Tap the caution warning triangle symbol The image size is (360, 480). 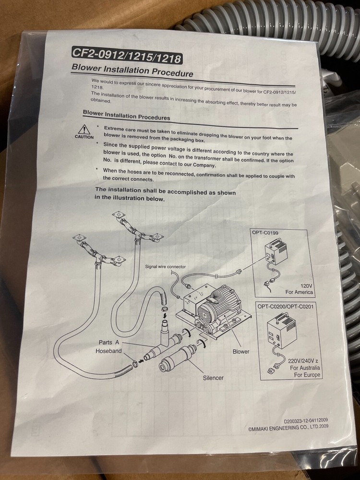pyautogui.click(x=84, y=129)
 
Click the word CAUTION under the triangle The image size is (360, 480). pyautogui.click(x=84, y=137)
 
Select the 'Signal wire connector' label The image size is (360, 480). pyautogui.click(x=165, y=266)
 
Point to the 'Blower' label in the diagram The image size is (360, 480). pyautogui.click(x=241, y=351)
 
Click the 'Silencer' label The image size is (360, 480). pyautogui.click(x=214, y=378)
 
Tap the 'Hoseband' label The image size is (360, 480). pyautogui.click(x=108, y=351)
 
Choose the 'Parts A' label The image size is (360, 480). pyautogui.click(x=109, y=342)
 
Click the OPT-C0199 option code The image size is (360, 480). pyautogui.click(x=265, y=233)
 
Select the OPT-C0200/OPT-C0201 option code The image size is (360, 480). pyautogui.click(x=285, y=306)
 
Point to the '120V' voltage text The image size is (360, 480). pyautogui.click(x=306, y=286)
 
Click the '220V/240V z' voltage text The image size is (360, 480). pyautogui.click(x=303, y=361)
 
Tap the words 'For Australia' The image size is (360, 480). pyautogui.click(x=305, y=368)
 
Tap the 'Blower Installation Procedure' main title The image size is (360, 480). pyautogui.click(x=132, y=71)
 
